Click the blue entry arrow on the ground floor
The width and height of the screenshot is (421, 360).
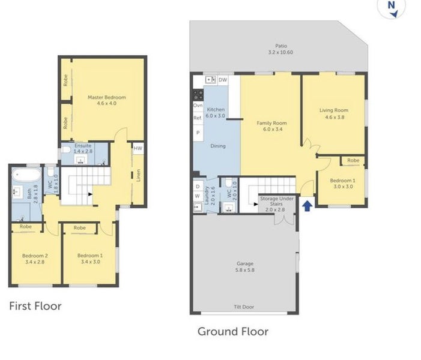(x=307, y=206)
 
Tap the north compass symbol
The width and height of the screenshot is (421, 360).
(x=392, y=8)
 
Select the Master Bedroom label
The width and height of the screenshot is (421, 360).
(x=107, y=97)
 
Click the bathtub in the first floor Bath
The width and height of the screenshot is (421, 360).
(x=26, y=175)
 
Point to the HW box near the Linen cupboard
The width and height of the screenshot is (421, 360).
(x=138, y=148)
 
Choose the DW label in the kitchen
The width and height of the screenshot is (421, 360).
(x=223, y=80)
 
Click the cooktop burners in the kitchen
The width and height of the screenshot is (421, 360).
(x=198, y=95)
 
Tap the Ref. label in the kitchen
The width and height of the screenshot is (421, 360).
(x=198, y=118)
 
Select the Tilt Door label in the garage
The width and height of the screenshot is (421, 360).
(x=244, y=307)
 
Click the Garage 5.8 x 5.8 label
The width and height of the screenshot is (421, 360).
(x=245, y=267)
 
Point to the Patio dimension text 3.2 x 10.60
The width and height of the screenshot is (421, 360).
(x=280, y=52)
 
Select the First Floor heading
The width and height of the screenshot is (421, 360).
(x=35, y=306)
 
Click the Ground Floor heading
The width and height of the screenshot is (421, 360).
(x=233, y=332)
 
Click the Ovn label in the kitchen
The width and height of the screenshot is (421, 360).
(x=198, y=106)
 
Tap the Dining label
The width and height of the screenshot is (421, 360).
(x=218, y=146)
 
